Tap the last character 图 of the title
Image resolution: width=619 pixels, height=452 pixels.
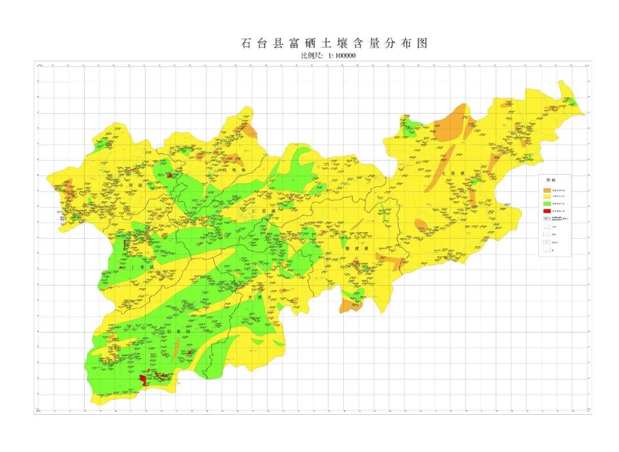pos(423,44)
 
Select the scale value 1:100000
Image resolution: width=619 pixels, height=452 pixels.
pos(341,56)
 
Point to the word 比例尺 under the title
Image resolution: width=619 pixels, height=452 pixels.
pos(312,56)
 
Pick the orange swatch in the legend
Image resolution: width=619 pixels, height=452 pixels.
pos(547,190)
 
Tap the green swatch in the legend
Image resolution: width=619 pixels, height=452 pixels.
pos(547,204)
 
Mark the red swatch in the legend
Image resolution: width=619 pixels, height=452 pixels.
pos(547,211)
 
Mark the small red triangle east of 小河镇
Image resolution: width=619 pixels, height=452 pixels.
pos(170,176)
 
